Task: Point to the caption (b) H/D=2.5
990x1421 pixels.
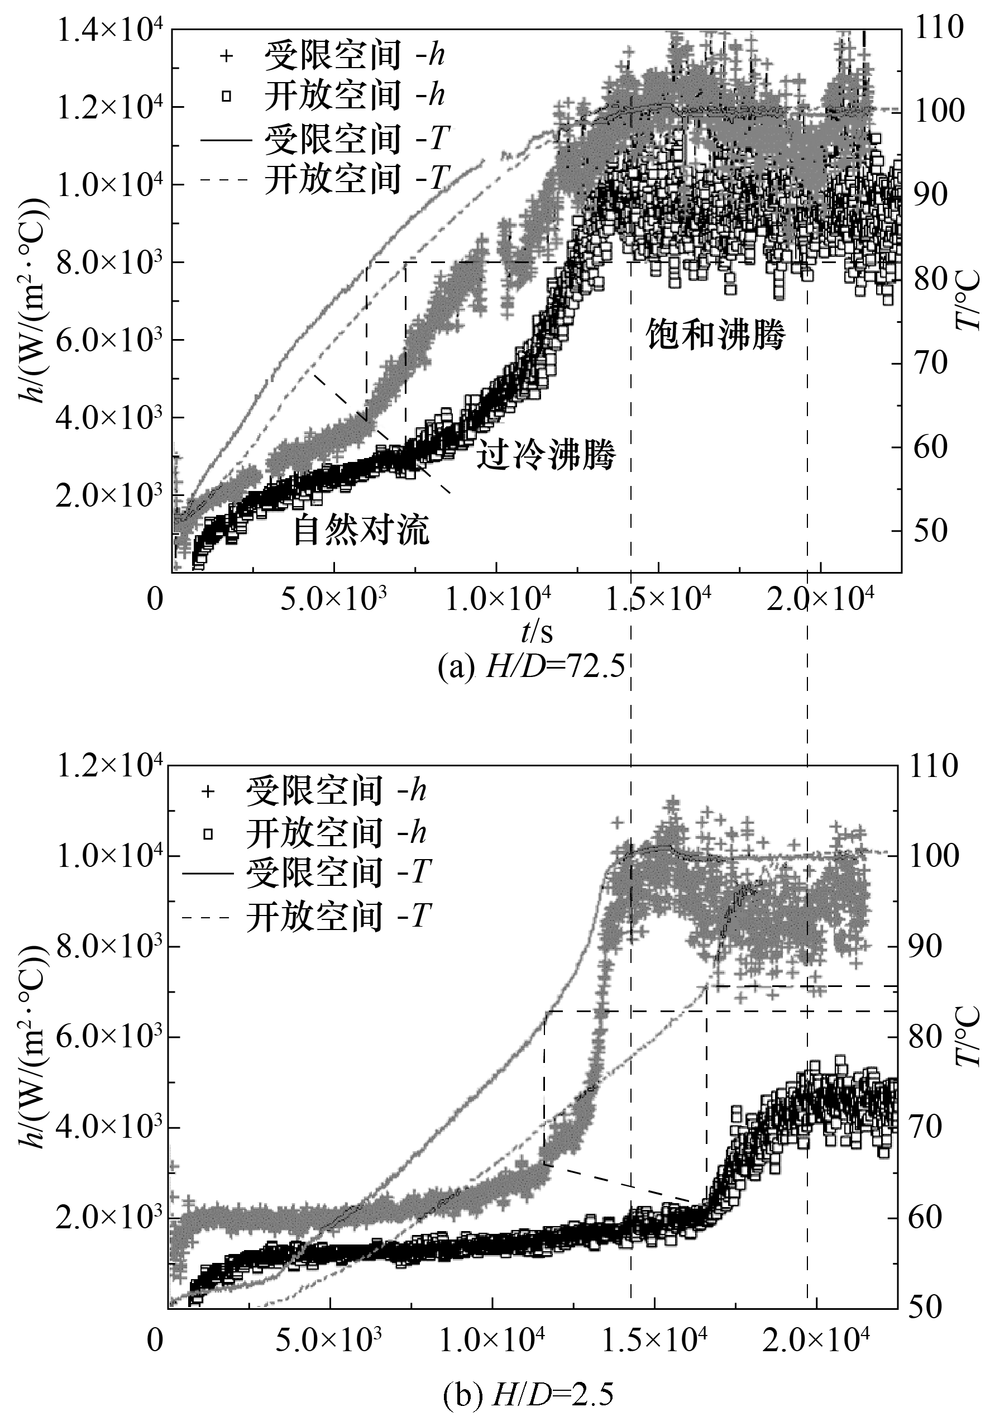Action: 528,1395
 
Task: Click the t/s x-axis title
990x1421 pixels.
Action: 537,632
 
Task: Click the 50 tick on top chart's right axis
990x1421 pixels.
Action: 931,531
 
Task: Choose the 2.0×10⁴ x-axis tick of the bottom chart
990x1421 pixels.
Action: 816,1336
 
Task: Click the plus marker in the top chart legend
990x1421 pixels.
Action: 227,56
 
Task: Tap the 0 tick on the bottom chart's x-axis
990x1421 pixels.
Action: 156,1336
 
